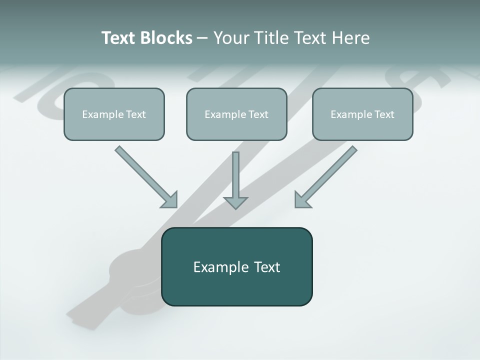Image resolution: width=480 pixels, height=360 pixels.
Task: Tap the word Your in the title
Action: (232, 38)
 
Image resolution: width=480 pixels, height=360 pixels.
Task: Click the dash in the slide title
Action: (202, 38)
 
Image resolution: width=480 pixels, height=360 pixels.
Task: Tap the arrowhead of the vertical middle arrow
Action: (235, 202)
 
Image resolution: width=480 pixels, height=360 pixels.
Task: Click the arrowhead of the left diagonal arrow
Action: (170, 200)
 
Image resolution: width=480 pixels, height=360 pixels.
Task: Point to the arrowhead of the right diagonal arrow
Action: (301, 200)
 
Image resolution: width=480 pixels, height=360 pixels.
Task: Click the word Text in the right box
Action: (384, 114)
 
